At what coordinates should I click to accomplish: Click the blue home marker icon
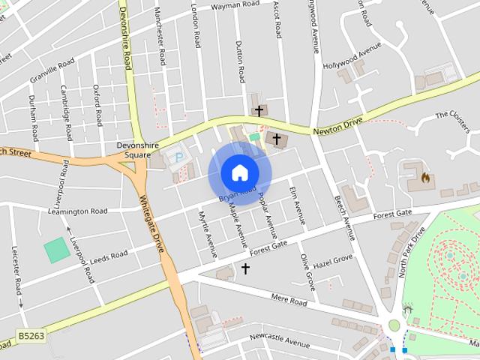tap(239, 172)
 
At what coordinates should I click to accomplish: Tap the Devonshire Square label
tap(134, 150)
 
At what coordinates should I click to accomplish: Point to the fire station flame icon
tap(424, 178)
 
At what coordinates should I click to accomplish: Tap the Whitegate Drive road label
tap(152, 223)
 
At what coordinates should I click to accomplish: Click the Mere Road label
tap(289, 301)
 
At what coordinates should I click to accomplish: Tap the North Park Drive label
tap(412, 252)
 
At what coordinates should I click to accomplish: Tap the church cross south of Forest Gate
tap(244, 268)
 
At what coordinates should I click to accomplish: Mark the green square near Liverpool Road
tap(55, 250)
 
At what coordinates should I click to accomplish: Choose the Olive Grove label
tap(307, 271)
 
